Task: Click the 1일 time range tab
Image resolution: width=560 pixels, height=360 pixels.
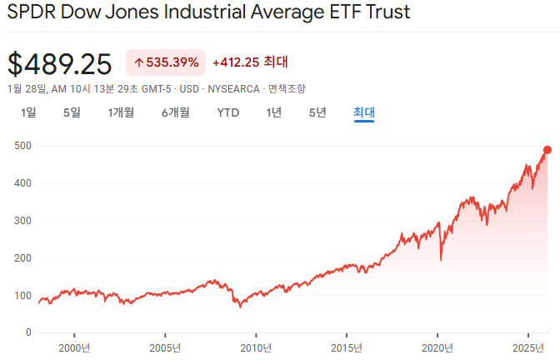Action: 28,112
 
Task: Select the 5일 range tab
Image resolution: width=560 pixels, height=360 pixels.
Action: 72,112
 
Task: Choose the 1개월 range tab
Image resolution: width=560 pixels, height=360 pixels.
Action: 121,112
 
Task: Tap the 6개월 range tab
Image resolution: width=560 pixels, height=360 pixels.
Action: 175,112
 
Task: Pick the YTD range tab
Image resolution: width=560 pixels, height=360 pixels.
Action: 228,112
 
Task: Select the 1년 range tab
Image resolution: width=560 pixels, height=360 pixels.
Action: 274,112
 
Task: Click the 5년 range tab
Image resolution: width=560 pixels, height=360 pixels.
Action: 317,112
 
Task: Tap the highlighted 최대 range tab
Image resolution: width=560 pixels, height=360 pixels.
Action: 364,112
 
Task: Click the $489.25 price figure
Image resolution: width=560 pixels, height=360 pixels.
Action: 59,63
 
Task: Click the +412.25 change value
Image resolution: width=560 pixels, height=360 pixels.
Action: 236,62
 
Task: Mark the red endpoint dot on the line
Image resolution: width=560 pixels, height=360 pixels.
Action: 547,150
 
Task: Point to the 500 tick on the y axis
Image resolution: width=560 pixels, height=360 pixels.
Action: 22,146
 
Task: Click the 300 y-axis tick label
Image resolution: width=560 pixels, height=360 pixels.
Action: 22,221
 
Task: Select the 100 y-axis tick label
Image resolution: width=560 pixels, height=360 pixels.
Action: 22,296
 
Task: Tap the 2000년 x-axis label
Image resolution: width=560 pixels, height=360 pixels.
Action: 74,347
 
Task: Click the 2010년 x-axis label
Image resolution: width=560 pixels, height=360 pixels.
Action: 256,347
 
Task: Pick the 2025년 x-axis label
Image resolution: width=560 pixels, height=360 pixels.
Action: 528,347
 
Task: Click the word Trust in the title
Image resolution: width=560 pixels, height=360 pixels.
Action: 384,14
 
